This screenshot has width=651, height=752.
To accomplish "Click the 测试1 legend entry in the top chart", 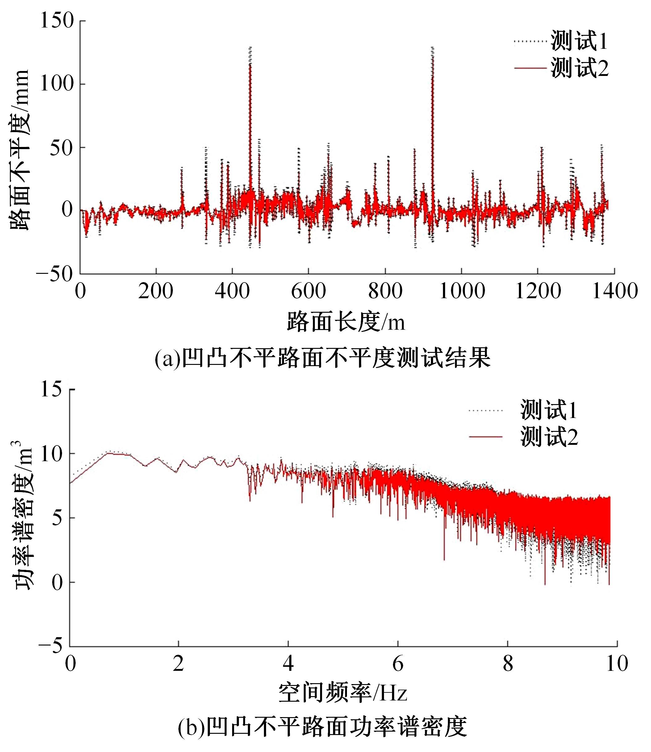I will (579, 41).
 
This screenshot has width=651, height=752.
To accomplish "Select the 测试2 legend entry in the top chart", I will (579, 68).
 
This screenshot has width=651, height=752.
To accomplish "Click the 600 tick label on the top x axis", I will (308, 291).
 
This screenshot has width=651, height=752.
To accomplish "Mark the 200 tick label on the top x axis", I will (156, 291).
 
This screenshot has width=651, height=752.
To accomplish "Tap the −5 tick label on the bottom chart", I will (51, 647).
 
